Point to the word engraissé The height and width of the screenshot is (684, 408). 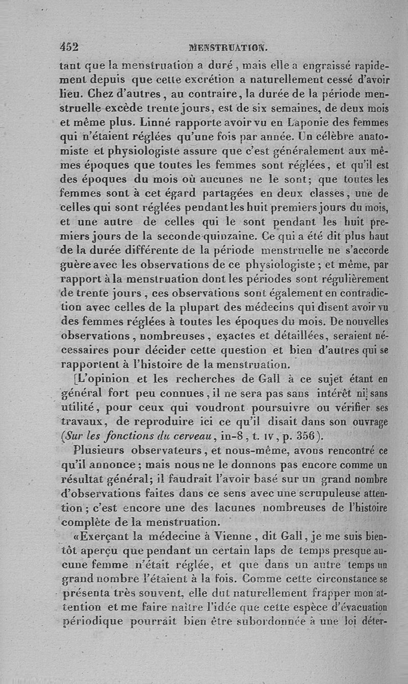331,65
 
